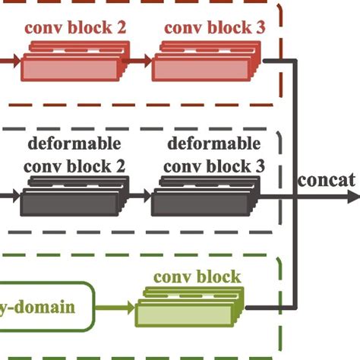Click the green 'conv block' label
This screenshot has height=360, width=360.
coord(197,276)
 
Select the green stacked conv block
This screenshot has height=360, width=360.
coord(191,309)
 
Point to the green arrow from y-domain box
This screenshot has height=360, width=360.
coord(118,308)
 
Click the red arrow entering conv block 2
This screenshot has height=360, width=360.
coord(9,58)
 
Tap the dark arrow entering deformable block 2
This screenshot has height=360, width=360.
coord(9,196)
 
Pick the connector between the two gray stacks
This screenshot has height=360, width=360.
coord(141,196)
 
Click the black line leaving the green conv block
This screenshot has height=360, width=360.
coord(270,308)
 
